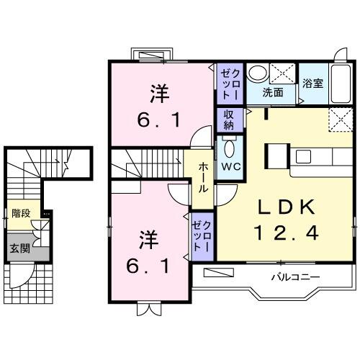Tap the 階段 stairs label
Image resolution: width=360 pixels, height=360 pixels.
point(21,213)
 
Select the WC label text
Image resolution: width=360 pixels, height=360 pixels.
point(230,166)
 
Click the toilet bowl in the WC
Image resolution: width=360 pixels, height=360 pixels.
point(230,149)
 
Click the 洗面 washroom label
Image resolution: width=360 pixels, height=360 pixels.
point(272,92)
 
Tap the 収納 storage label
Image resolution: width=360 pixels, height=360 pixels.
point(228,120)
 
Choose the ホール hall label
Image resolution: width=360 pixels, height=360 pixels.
point(204,176)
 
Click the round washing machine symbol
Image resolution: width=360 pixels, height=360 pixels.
point(257,73)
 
